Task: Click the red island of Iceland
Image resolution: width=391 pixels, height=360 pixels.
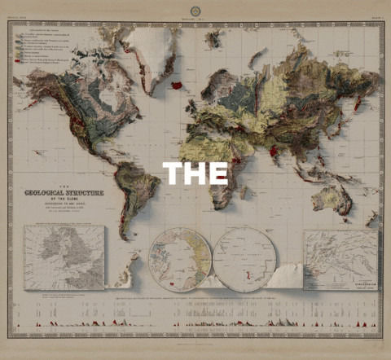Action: click(177, 84)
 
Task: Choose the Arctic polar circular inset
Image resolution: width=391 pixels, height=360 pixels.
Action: click(181, 259)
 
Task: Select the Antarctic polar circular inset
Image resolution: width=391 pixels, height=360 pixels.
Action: click(244, 259)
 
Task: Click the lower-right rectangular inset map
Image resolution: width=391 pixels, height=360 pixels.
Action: click(340, 259)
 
